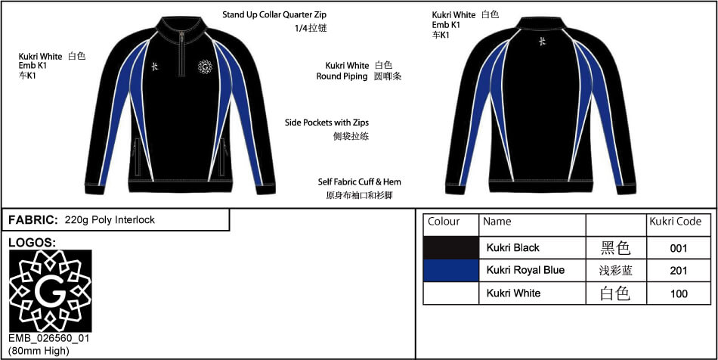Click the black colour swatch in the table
[x=451, y=248]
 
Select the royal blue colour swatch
[x=451, y=270]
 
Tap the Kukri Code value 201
[x=678, y=271]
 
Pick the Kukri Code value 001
[x=678, y=248]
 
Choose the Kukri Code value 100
[x=678, y=293]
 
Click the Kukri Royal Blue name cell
[x=525, y=270]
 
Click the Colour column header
[x=443, y=222]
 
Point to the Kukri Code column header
[x=676, y=222]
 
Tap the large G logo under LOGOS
[x=51, y=291]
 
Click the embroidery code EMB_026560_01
[x=49, y=339]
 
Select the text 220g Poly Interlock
[x=110, y=220]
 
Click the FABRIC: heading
[x=33, y=220]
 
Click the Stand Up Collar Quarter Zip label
[x=274, y=14]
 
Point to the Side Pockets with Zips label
[x=327, y=123]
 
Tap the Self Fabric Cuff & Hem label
[x=360, y=182]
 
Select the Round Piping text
[x=342, y=76]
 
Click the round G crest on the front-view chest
[x=205, y=67]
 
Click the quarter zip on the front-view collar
[x=182, y=54]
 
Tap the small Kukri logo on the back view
[x=542, y=42]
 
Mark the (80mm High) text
[x=39, y=351]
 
